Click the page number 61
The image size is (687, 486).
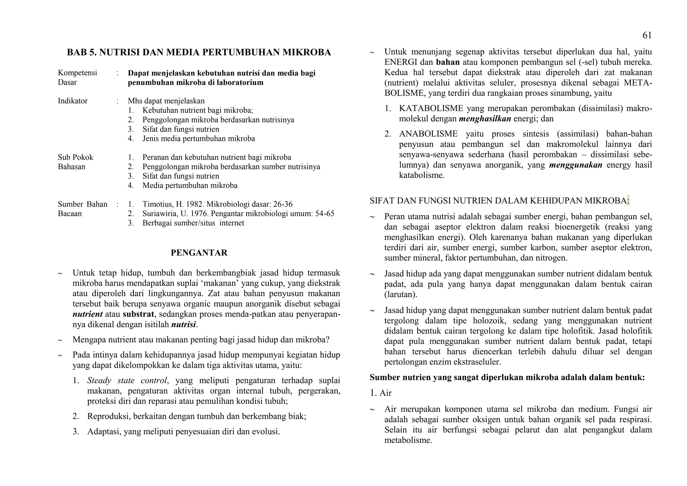tap(647, 35)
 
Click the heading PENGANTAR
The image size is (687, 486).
tap(199, 253)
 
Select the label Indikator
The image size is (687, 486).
tap(72, 101)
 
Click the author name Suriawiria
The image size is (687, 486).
tap(159, 214)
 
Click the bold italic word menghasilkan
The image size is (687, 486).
tap(485, 119)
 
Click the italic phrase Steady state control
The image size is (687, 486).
tap(127, 381)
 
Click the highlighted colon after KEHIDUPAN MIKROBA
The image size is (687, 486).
tap(628, 201)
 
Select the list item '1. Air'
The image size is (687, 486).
tap(381, 393)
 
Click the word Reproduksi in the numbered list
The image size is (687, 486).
tap(108, 417)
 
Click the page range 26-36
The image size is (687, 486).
tap(283, 204)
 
